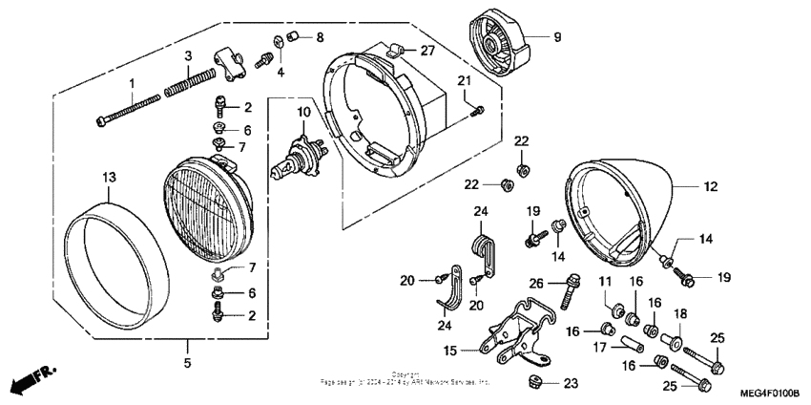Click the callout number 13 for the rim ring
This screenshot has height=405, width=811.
click(109, 178)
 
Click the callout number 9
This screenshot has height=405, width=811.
click(557, 37)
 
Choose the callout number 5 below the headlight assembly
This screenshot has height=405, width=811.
click(187, 363)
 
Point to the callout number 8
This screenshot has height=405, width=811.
click(320, 37)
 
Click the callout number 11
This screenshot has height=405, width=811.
click(604, 281)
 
